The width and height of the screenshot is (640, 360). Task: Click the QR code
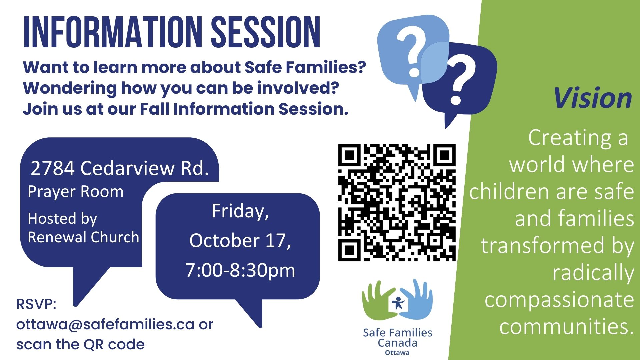[397, 202]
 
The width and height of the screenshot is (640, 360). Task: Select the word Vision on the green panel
[593, 98]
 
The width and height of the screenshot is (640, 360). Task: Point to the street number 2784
[52, 168]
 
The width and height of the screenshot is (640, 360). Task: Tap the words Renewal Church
[83, 237]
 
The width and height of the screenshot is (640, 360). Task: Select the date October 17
[240, 240]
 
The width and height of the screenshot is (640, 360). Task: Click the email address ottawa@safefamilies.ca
[105, 324]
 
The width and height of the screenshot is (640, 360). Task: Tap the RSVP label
[36, 304]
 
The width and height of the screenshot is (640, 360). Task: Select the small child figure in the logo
[398, 303]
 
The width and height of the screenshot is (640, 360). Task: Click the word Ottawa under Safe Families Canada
[397, 353]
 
